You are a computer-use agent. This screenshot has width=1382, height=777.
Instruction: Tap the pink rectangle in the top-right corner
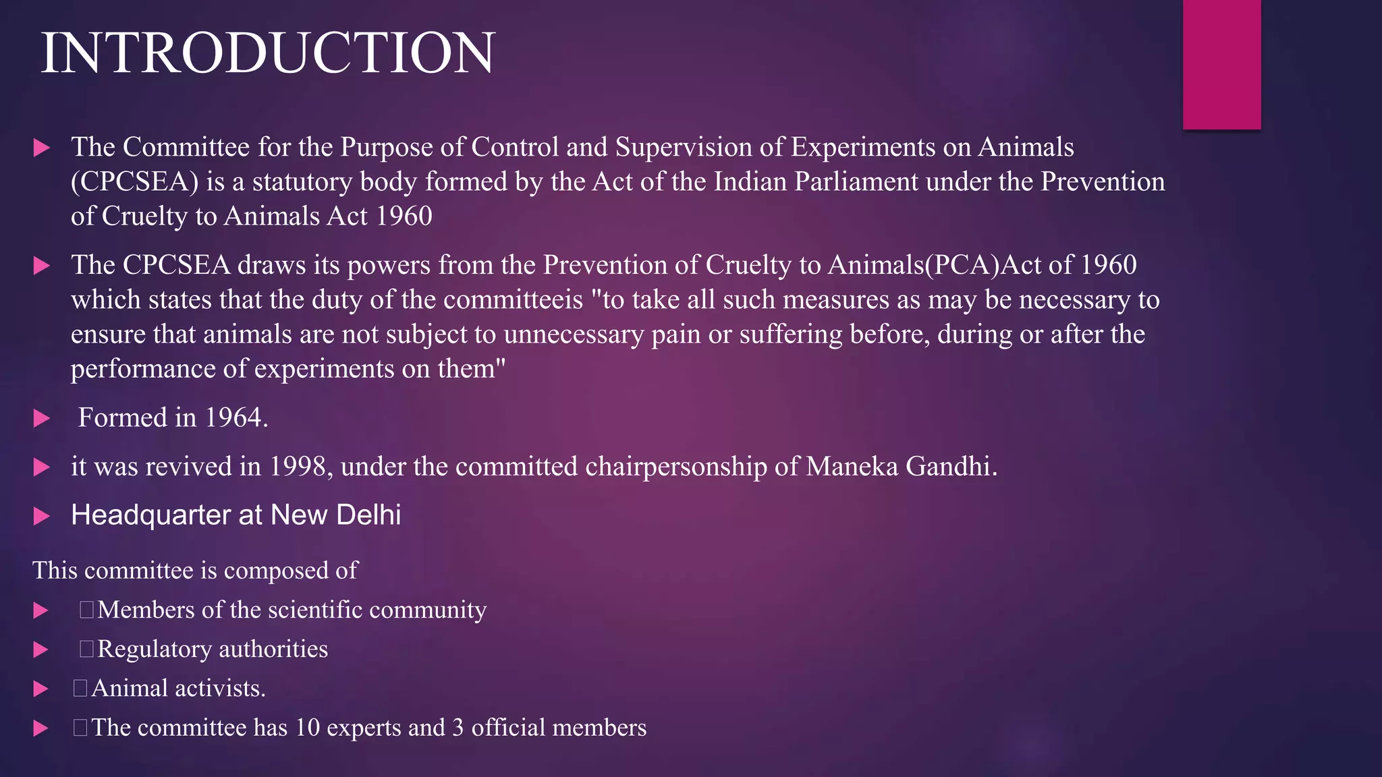click(1221, 64)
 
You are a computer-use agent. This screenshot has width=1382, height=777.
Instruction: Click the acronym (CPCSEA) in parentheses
click(134, 182)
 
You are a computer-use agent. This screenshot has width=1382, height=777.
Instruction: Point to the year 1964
click(236, 418)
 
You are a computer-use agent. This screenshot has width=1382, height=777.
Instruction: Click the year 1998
click(301, 467)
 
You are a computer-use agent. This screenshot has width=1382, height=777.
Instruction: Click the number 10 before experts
click(308, 728)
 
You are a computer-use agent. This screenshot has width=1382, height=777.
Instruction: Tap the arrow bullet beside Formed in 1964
click(42, 418)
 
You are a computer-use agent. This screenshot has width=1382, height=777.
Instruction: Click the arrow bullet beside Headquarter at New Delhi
click(42, 517)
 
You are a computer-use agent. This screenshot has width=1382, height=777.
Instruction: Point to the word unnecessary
click(574, 335)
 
